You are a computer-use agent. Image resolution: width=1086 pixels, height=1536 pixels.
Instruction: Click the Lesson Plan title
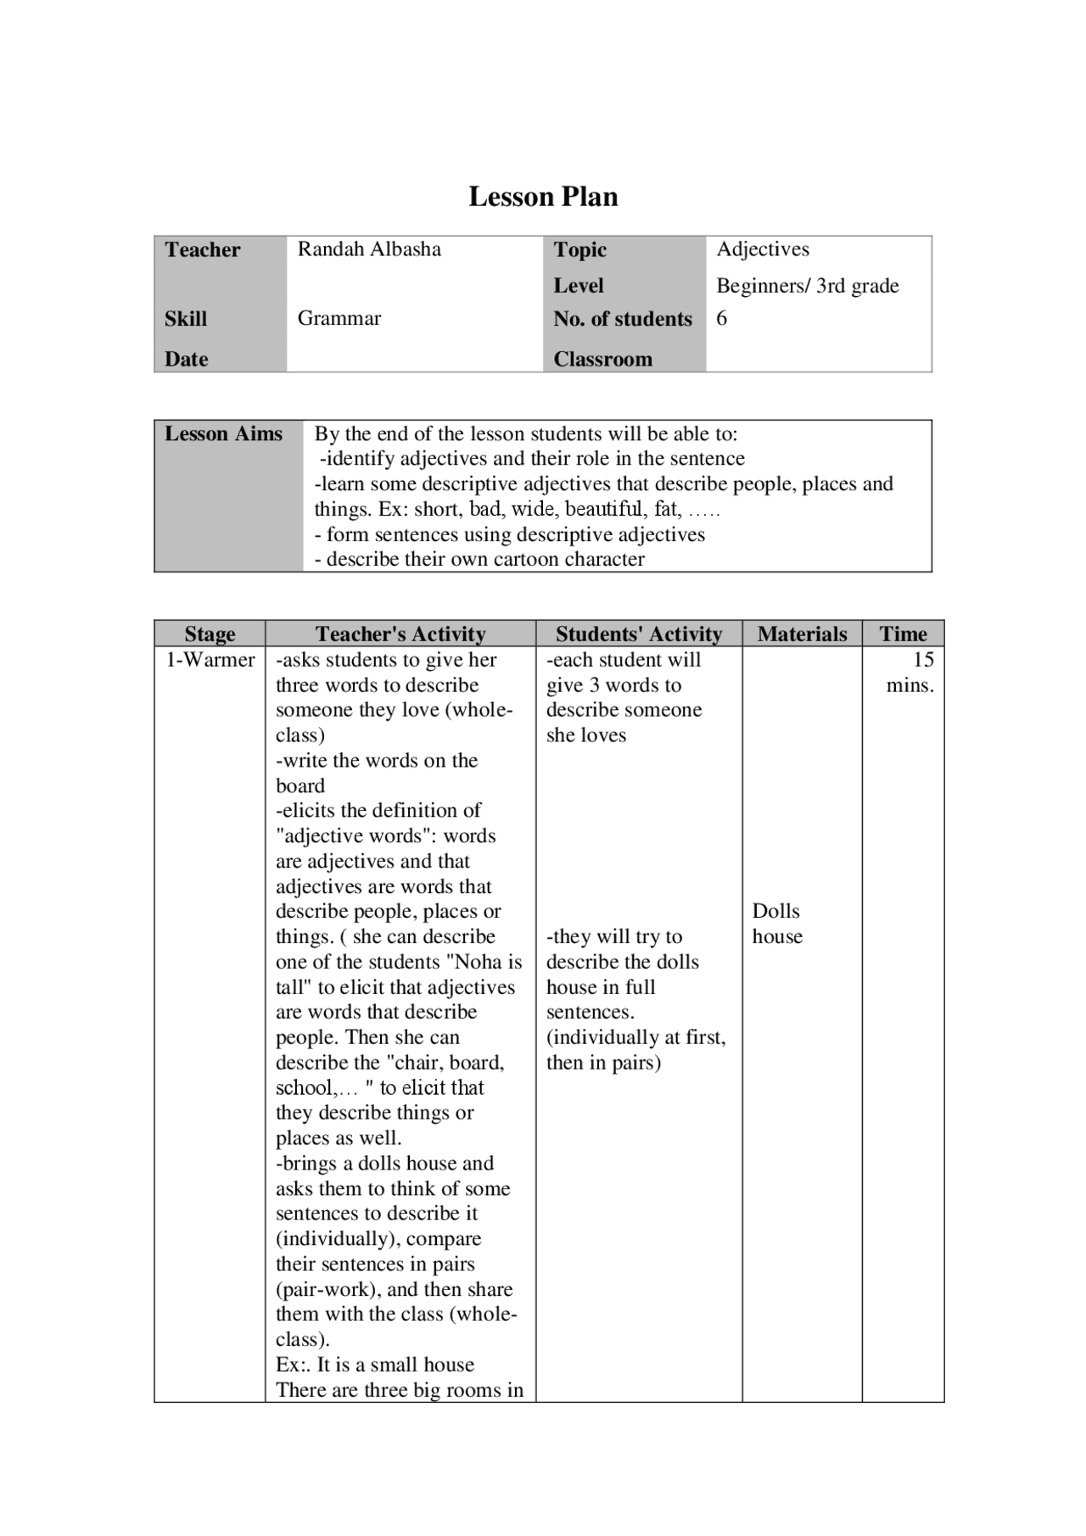pyautogui.click(x=543, y=197)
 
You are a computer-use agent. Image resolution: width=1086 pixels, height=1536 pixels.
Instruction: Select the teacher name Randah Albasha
pyautogui.click(x=369, y=249)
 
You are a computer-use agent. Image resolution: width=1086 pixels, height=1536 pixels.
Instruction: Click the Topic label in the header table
pyautogui.click(x=580, y=249)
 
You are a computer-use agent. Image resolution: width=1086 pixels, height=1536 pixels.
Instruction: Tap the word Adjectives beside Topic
pyautogui.click(x=763, y=249)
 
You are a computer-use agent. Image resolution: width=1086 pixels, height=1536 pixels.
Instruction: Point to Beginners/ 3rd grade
pyautogui.click(x=807, y=286)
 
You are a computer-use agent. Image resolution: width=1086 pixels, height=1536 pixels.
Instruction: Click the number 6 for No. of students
pyautogui.click(x=722, y=318)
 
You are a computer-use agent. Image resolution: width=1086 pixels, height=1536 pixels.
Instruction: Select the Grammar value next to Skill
pyautogui.click(x=339, y=318)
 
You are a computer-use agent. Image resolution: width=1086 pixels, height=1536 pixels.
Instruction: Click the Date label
pyautogui.click(x=187, y=359)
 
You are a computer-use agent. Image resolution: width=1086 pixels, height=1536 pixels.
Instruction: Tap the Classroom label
pyautogui.click(x=603, y=359)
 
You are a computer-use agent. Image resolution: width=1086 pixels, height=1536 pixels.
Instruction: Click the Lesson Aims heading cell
pyautogui.click(x=223, y=434)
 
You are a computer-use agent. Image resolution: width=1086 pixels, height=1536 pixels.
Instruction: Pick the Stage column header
pyautogui.click(x=210, y=634)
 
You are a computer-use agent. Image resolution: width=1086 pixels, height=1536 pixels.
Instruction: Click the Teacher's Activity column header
pyautogui.click(x=400, y=634)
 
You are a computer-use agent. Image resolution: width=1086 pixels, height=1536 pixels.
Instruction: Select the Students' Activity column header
pyautogui.click(x=639, y=634)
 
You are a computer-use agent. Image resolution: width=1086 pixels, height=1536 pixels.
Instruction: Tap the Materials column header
pyautogui.click(x=802, y=634)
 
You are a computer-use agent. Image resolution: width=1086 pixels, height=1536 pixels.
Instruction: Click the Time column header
pyautogui.click(x=903, y=634)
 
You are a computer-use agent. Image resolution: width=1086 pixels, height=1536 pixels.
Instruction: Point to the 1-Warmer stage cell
pyautogui.click(x=210, y=660)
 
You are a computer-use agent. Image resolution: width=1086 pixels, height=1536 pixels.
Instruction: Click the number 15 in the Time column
pyautogui.click(x=923, y=660)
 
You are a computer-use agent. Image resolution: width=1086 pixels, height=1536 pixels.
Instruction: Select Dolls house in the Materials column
pyautogui.click(x=776, y=924)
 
